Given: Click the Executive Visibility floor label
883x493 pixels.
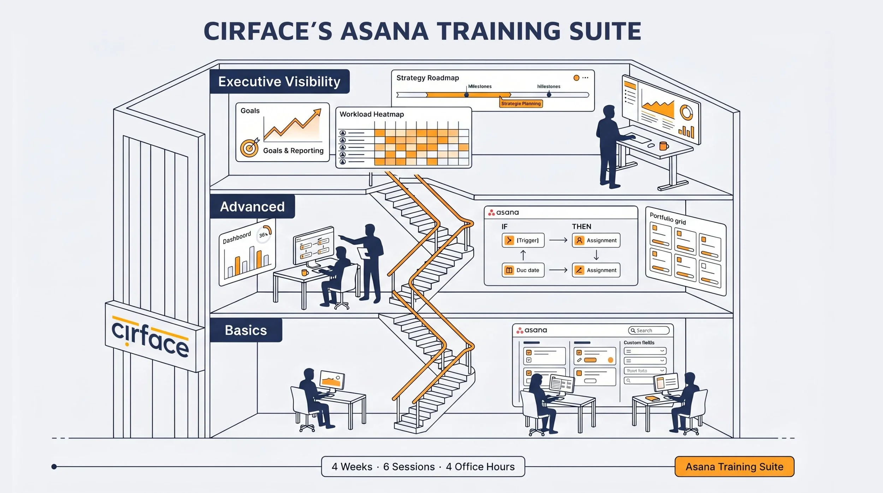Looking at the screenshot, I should pyautogui.click(x=279, y=82).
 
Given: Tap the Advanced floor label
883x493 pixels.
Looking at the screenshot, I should pyautogui.click(x=252, y=207).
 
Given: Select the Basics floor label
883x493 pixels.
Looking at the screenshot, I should pyautogui.click(x=246, y=330).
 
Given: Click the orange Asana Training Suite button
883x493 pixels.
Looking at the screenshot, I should pyautogui.click(x=734, y=467).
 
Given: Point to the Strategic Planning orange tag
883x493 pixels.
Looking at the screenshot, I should pyautogui.click(x=521, y=104).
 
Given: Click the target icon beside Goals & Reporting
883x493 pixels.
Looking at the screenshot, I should pyautogui.click(x=249, y=148).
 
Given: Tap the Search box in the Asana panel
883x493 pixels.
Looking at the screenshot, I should pyautogui.click(x=648, y=330).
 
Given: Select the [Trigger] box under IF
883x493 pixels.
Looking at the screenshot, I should pyautogui.click(x=523, y=240).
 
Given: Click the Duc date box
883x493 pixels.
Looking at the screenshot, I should pyautogui.click(x=523, y=270).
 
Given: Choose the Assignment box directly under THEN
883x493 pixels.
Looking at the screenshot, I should pyautogui.click(x=596, y=240).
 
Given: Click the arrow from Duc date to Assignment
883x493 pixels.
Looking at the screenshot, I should pyautogui.click(x=558, y=270).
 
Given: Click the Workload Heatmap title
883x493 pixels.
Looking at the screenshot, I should pyautogui.click(x=372, y=115).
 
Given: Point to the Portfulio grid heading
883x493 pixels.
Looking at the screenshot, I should pyautogui.click(x=668, y=218).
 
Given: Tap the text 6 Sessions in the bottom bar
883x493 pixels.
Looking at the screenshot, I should pyautogui.click(x=409, y=467).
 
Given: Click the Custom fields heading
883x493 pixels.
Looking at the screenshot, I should pyautogui.click(x=639, y=342).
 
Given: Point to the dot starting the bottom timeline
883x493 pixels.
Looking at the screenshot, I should pyautogui.click(x=54, y=467).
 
